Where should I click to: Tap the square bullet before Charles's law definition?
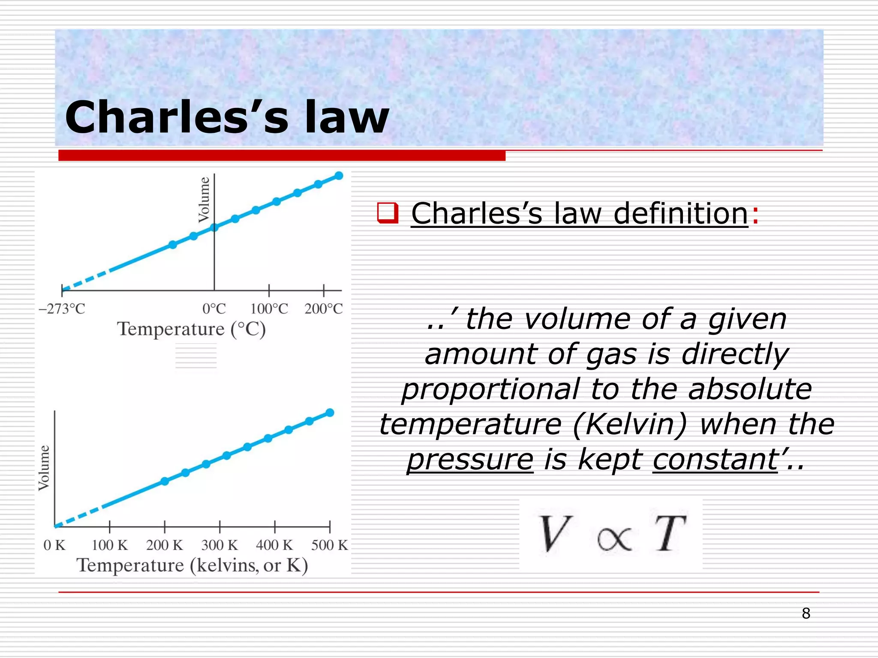[x=388, y=213]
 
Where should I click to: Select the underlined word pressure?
[x=470, y=459]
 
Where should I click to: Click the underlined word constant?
[x=715, y=459]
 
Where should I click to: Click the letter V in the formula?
[x=556, y=534]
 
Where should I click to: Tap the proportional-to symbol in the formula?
[x=614, y=538]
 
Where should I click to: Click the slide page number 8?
[x=806, y=613]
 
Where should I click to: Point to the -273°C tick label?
[x=62, y=308]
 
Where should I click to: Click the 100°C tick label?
[x=269, y=308]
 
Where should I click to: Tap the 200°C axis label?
[x=324, y=308]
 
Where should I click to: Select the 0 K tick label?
[x=54, y=545]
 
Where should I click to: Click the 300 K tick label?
[x=219, y=545]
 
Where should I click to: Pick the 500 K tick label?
[x=329, y=545]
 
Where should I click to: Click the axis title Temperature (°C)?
[x=192, y=329]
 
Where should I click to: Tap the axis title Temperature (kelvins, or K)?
[x=192, y=565]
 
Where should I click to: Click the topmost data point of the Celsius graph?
[x=339, y=176]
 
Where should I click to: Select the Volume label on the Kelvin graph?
[x=44, y=468]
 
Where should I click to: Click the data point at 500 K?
[x=330, y=413]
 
